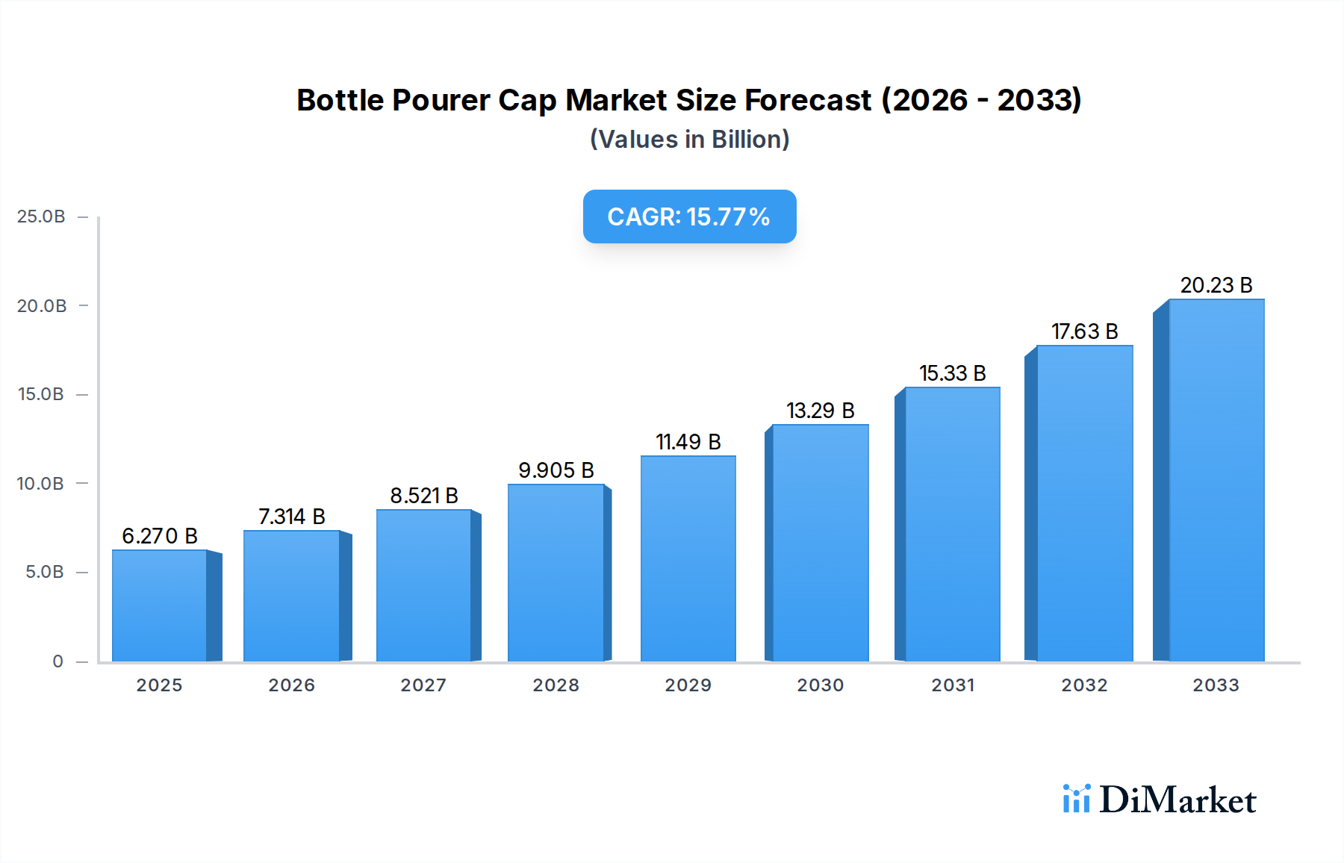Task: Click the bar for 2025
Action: (x=159, y=605)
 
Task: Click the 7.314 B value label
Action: (x=291, y=517)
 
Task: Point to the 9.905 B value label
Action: (x=556, y=470)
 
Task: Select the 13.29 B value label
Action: (x=820, y=411)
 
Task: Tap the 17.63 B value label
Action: (x=1084, y=331)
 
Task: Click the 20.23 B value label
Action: (x=1216, y=285)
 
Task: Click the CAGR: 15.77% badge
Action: (x=689, y=216)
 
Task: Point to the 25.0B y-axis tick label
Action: (x=41, y=216)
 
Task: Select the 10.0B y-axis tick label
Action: (x=41, y=484)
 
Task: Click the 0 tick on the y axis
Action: (x=57, y=661)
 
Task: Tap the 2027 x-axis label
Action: (x=423, y=685)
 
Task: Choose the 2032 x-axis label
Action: (x=1084, y=685)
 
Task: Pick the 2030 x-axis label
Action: (x=820, y=685)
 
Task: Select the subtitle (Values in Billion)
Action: (x=689, y=140)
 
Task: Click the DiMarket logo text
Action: (x=1177, y=800)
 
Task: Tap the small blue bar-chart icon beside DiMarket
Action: (x=1076, y=799)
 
